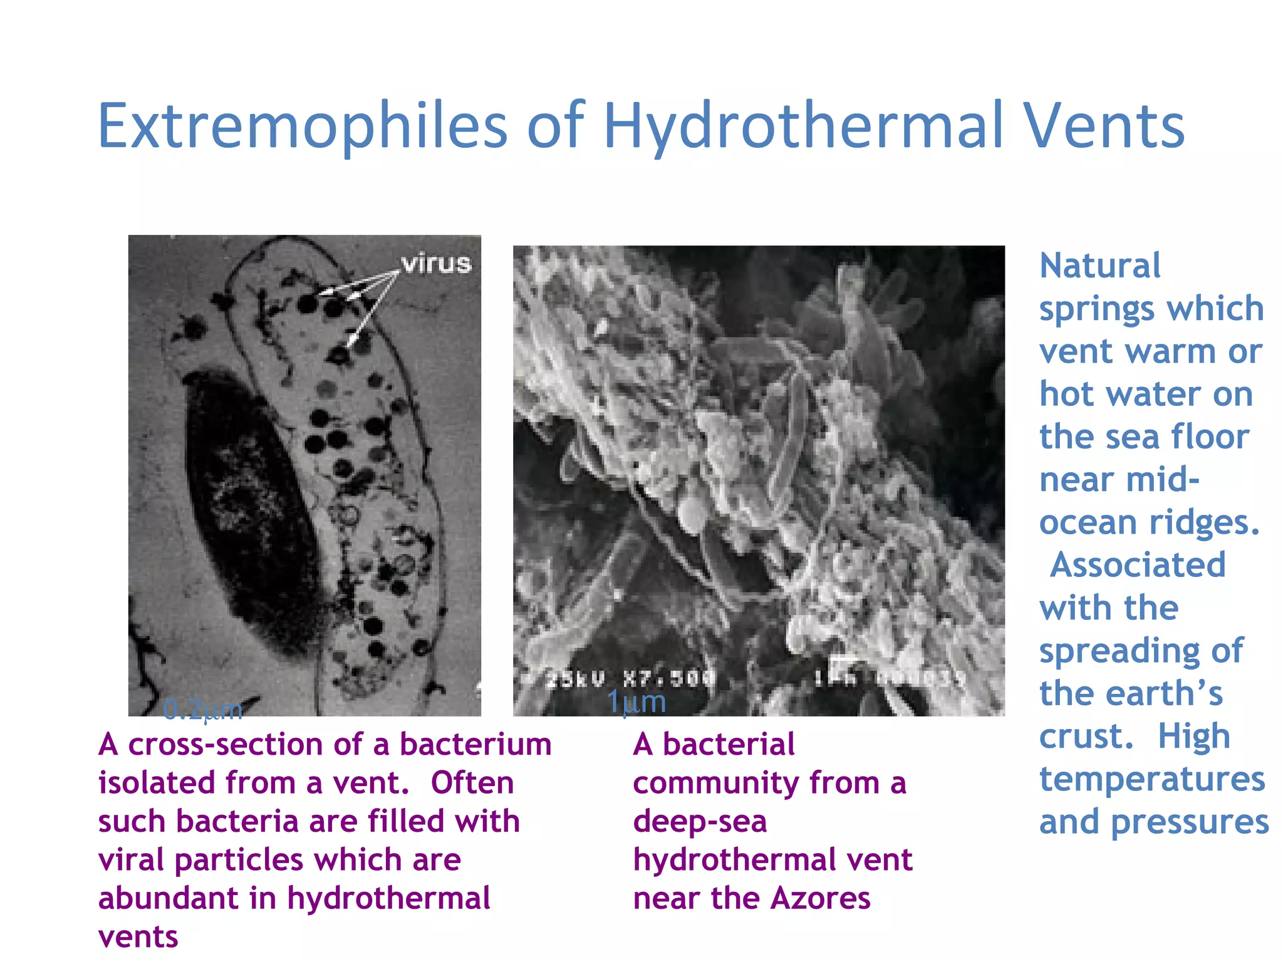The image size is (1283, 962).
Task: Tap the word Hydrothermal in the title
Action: [x=803, y=127]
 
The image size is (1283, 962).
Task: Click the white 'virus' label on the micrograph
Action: [x=436, y=264]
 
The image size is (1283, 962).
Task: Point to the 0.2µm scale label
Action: [x=202, y=710]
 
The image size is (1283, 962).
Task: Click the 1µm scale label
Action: [x=636, y=702]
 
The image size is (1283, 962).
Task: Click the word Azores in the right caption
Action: [x=820, y=898]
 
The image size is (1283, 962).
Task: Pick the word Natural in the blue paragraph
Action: [x=1099, y=266]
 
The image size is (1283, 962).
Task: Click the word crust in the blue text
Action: [x=1086, y=736]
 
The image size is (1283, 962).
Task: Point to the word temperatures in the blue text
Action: [x=1152, y=779]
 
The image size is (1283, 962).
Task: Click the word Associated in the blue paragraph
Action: [x=1138, y=565]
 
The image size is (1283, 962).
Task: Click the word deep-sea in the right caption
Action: [x=700, y=822]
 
